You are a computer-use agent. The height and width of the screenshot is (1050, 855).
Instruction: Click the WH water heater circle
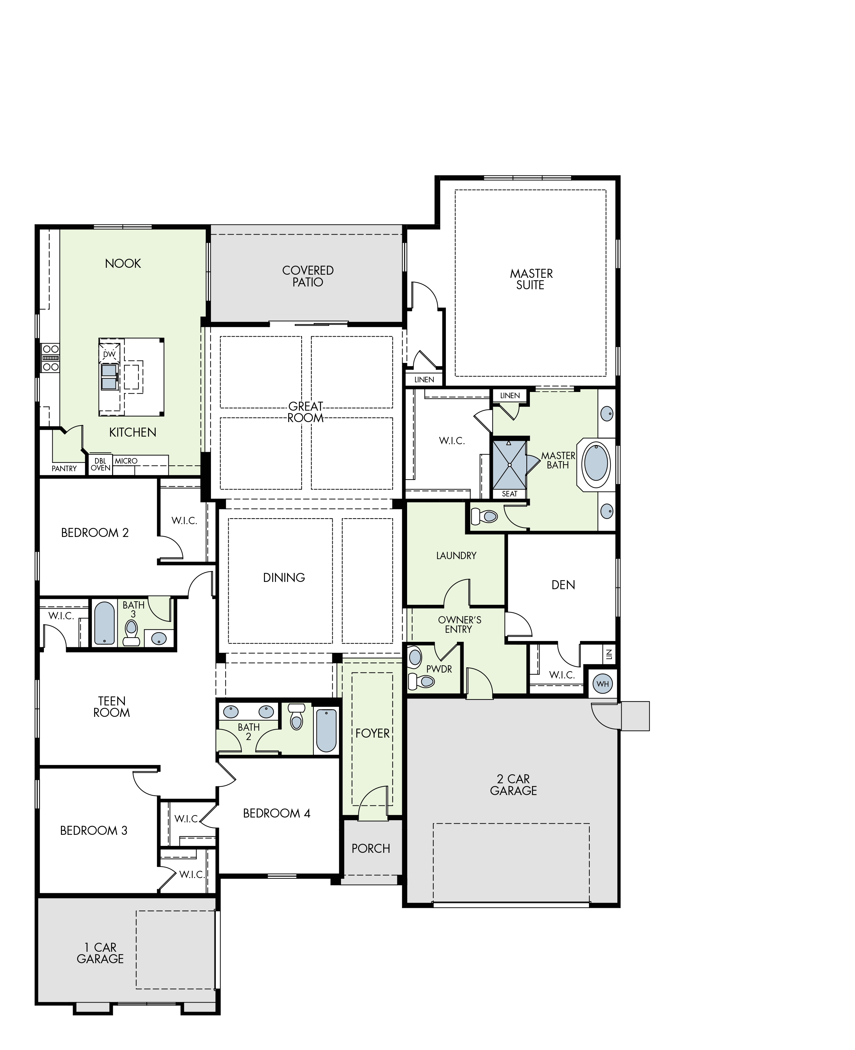pyautogui.click(x=603, y=683)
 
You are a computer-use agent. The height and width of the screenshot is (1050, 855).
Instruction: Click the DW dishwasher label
pyautogui.click(x=109, y=354)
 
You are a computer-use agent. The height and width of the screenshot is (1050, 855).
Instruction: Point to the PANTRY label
pyautogui.click(x=64, y=468)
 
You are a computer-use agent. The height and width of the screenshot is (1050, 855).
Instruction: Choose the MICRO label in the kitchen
pyautogui.click(x=126, y=461)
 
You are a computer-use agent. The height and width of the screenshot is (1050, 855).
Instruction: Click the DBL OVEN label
pyautogui.click(x=100, y=465)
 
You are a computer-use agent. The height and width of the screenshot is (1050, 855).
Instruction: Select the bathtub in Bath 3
pyautogui.click(x=104, y=623)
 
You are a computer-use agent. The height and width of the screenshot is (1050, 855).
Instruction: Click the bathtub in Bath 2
pyautogui.click(x=326, y=731)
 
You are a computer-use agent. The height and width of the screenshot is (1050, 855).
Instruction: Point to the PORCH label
pyautogui.click(x=371, y=848)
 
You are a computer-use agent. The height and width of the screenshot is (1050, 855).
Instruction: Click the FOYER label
pyautogui.click(x=373, y=733)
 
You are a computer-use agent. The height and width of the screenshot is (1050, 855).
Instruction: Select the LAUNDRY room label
pyautogui.click(x=456, y=556)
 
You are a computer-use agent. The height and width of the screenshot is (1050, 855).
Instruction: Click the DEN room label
pyautogui.click(x=563, y=585)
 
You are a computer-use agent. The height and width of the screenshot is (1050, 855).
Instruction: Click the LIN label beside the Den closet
pyautogui.click(x=609, y=654)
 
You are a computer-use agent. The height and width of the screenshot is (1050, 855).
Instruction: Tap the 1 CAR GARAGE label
pyautogui.click(x=100, y=953)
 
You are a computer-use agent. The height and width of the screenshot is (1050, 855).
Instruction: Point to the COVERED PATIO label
pyautogui.click(x=308, y=276)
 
